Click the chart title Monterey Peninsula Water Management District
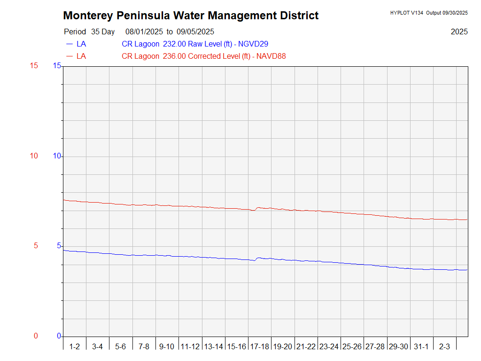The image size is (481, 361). point(191,16)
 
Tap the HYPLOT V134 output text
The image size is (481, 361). point(428,13)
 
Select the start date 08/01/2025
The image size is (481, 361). point(144,32)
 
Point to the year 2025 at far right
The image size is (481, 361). point(459,32)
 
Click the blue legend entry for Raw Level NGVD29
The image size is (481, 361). point(195,44)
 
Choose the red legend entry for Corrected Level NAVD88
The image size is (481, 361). point(204,56)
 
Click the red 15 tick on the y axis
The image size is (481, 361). point(34,66)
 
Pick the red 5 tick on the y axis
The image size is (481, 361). point(34,246)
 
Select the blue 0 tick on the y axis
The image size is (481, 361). point(59,336)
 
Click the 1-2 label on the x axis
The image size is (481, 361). point(74,347)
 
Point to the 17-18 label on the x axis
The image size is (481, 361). point(259,347)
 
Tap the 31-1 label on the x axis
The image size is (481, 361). point(421,347)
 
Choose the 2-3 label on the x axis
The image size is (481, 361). point(444,347)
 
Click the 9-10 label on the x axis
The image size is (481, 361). point(167,347)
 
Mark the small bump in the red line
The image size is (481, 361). point(257,208)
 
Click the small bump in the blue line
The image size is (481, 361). point(257,258)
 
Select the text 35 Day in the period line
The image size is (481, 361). point(103,32)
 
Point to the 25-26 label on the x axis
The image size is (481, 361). point(352,347)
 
